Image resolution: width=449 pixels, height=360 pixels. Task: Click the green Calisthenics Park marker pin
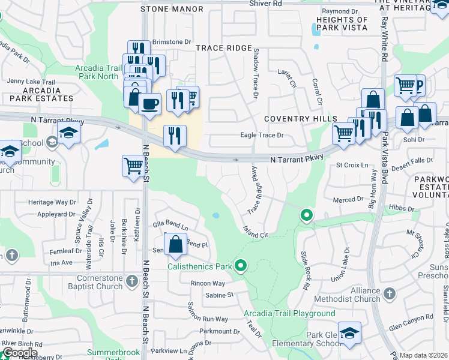(241, 265)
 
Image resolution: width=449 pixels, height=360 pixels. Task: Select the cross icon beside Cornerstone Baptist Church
(133, 280)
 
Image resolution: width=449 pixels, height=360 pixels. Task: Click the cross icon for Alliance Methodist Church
(390, 293)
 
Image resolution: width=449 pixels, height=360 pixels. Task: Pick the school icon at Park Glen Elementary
(349, 333)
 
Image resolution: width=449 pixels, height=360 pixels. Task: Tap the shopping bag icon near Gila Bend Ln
(175, 245)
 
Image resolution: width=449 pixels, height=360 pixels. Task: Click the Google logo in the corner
(19, 353)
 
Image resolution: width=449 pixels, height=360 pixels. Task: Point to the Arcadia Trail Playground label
(289, 314)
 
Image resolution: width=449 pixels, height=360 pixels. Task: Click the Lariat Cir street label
(287, 82)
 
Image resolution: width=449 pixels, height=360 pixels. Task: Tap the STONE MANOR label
(172, 10)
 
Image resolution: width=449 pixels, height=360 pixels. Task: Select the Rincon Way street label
(208, 283)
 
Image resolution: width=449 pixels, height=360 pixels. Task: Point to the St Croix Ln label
(351, 165)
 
